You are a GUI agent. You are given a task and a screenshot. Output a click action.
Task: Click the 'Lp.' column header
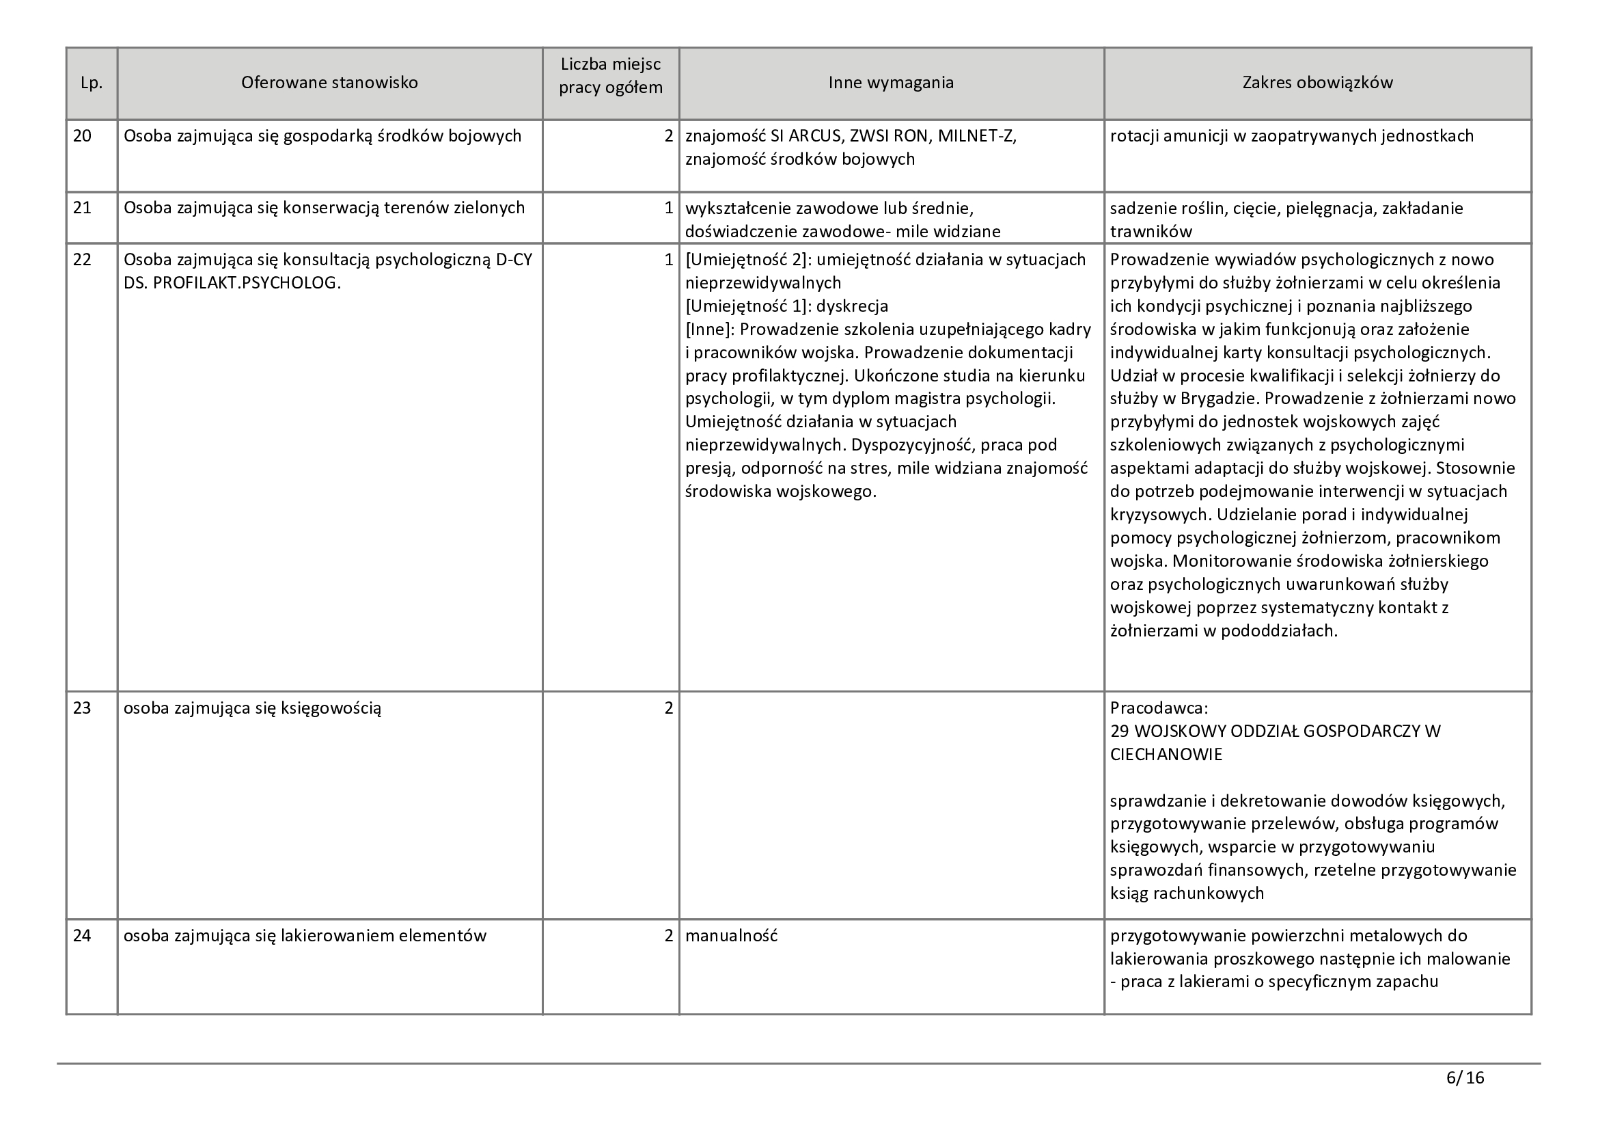91,83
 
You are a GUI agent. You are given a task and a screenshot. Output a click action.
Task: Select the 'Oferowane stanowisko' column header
329,83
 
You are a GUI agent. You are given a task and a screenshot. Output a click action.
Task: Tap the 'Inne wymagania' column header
891,83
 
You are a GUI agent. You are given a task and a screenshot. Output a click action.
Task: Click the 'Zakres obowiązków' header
1317,83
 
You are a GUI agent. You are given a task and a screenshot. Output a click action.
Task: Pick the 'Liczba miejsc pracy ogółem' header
610,76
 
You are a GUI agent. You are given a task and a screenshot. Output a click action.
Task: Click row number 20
82,136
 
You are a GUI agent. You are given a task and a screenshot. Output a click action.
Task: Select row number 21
82,208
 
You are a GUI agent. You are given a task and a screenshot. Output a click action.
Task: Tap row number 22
82,260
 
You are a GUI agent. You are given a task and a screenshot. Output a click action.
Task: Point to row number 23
82,708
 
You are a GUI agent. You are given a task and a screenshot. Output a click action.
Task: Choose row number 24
82,936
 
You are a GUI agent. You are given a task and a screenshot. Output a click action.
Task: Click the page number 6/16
1465,1079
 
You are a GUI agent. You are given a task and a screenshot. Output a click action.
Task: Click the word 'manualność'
731,936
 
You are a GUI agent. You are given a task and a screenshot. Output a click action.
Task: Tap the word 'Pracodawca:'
1159,708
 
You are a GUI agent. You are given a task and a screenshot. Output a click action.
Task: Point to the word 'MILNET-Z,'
977,136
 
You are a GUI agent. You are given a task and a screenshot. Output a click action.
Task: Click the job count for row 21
668,208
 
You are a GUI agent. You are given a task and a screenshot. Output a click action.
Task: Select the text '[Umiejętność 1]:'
748,306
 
